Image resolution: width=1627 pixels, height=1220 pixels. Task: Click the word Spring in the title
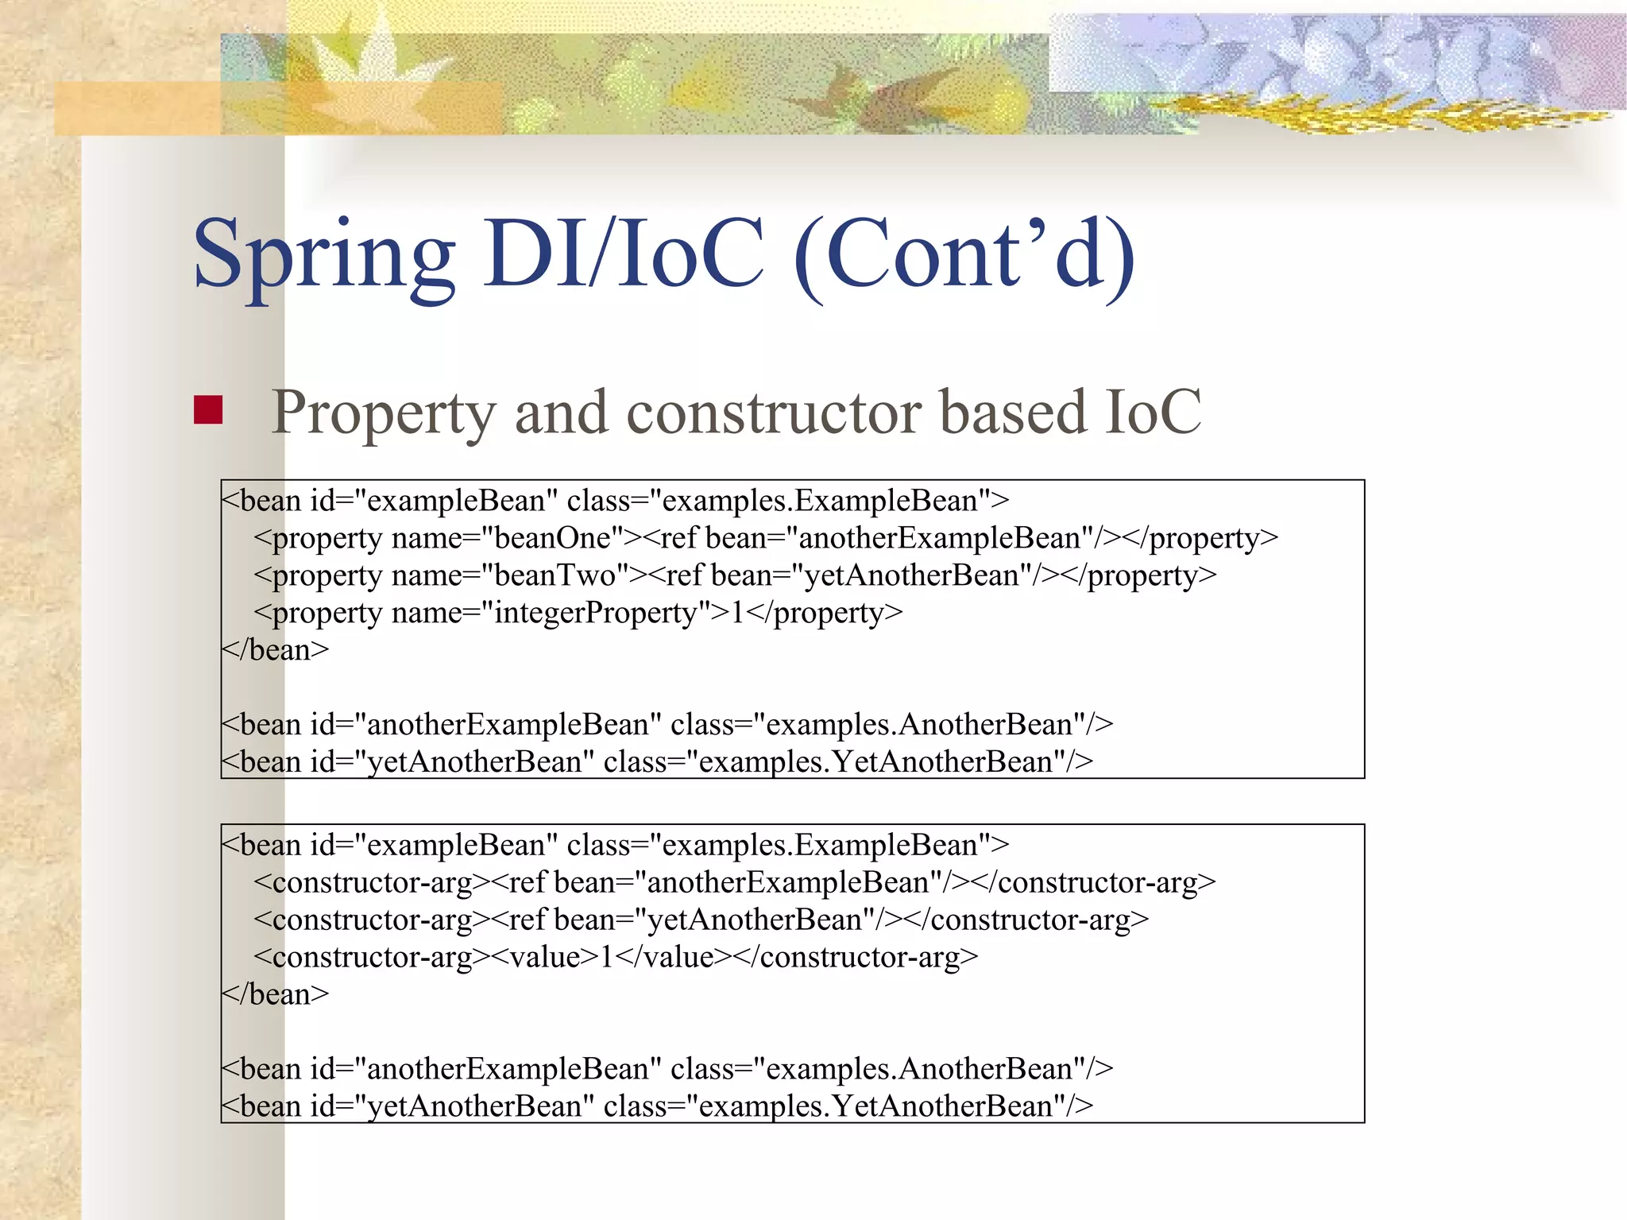324,256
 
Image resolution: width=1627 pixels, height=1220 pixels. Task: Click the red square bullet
208,410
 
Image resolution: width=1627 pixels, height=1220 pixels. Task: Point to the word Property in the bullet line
384,412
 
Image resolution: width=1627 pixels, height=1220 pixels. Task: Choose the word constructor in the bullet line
774,412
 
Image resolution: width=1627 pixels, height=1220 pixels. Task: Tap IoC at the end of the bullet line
1153,412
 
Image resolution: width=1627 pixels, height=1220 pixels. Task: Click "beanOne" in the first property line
553,538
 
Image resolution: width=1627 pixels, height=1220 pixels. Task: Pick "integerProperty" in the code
595,613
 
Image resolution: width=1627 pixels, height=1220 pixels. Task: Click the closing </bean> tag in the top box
275,650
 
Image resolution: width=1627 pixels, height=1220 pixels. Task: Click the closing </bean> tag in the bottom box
275,994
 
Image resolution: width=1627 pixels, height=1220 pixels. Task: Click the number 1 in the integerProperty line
737,613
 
